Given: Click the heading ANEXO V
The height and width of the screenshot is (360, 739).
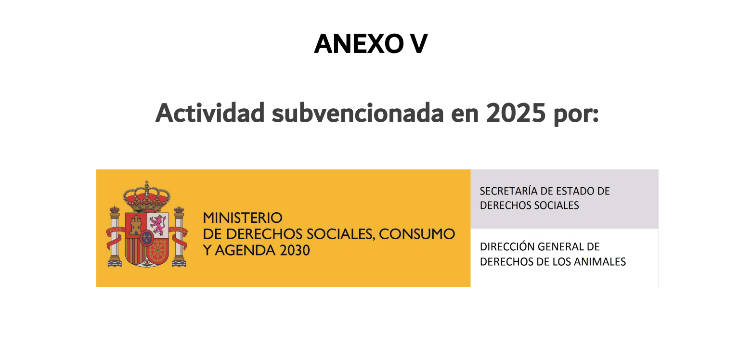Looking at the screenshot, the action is (x=371, y=43).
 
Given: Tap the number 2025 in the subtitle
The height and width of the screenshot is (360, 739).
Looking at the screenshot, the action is (x=516, y=113).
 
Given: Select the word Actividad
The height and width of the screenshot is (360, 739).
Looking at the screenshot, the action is (x=210, y=113).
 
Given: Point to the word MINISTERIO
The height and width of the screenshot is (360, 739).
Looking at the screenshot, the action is (x=243, y=218).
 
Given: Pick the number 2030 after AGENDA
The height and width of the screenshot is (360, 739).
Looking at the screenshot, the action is (x=295, y=250).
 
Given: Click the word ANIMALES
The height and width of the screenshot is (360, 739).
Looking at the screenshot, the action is (x=600, y=262).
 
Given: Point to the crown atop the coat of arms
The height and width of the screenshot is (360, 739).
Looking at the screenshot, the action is (x=147, y=196).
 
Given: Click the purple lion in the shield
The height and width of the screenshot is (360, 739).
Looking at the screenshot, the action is (x=158, y=225).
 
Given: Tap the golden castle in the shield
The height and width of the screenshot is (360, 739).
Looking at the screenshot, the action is (x=136, y=225).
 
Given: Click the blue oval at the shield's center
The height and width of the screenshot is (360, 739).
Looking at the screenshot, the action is (x=147, y=238).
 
